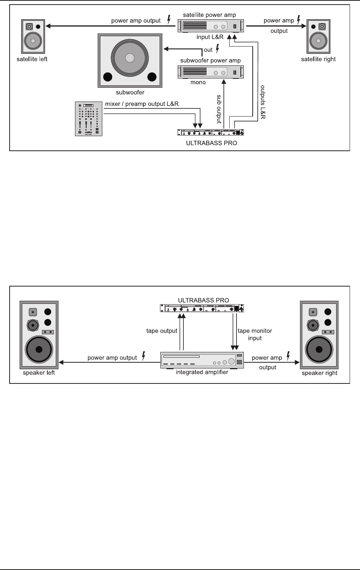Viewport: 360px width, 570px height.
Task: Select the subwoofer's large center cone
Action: pos(130,58)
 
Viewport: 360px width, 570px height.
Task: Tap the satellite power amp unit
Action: pos(211,26)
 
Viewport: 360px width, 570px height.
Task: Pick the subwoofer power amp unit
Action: pos(211,72)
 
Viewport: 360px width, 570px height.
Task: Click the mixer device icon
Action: pos(88,118)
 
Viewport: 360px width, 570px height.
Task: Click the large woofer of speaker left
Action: pos(39,350)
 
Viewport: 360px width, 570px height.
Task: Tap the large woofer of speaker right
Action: pos(319,350)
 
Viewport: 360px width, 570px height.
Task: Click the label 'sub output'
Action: pos(219,109)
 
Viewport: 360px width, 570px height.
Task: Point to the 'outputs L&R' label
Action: pos(263,102)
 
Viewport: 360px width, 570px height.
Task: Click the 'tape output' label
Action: pos(162,331)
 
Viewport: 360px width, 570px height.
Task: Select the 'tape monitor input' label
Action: pos(255,334)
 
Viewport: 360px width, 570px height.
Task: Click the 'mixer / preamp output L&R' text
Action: pos(142,104)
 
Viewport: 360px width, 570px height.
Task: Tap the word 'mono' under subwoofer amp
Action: pos(198,82)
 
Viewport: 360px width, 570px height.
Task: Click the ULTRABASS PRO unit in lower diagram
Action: pos(202,308)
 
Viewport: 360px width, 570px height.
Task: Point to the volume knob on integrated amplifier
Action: pos(232,362)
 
